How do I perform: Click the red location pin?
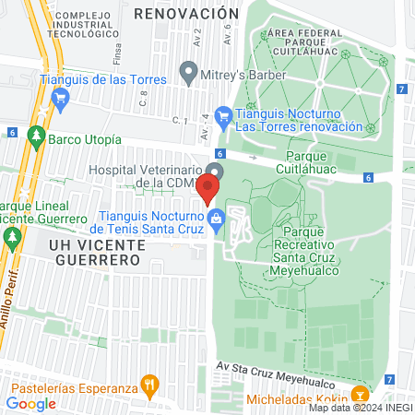point(208,188)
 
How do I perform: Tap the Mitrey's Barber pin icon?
point(189,70)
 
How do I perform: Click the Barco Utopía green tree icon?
point(36,138)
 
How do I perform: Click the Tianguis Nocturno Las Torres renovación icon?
point(222,116)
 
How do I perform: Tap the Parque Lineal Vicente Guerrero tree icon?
point(12,238)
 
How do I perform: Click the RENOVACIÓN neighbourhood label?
point(193,14)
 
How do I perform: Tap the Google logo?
point(30,402)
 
